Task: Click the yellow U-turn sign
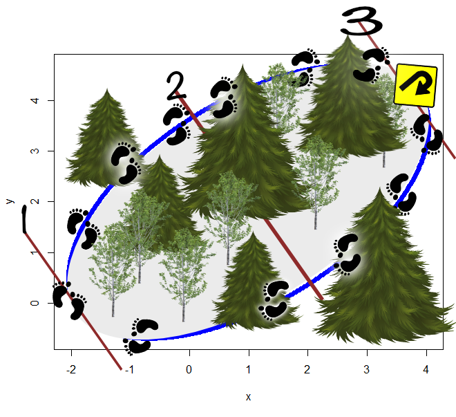coord(415,85)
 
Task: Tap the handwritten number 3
coord(361,21)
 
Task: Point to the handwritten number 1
coord(24,219)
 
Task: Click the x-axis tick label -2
coord(71,369)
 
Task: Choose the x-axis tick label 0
coord(189,369)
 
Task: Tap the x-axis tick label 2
coord(307,369)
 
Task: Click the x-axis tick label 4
coord(426,369)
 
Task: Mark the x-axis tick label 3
coord(367,369)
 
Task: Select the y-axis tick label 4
coord(35,101)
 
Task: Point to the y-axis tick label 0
coord(35,303)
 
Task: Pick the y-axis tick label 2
coord(35,201)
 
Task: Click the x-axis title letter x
coord(248,397)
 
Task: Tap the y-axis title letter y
coord(10,201)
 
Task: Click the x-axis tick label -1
coord(129,369)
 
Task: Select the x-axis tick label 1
coord(248,369)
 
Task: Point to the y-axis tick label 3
coord(35,151)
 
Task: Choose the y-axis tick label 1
coord(35,252)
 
